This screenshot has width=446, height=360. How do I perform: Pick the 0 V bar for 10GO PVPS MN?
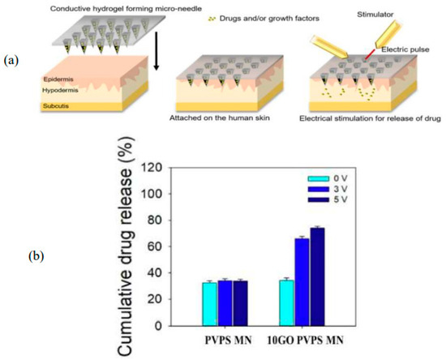point(285,302)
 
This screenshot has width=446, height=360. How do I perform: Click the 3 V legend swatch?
point(318,186)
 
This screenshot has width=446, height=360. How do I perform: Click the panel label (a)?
point(15,60)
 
